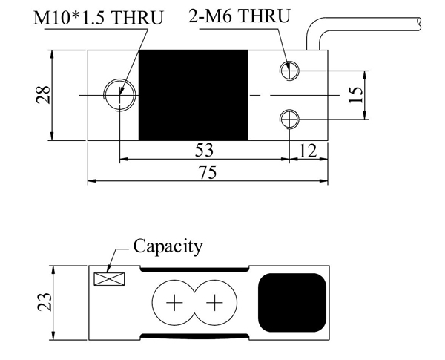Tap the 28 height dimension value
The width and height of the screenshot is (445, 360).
click(x=44, y=95)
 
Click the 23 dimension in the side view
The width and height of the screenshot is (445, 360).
click(x=44, y=301)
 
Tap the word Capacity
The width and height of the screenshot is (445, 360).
click(x=167, y=246)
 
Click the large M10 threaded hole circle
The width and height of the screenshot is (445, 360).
click(x=119, y=95)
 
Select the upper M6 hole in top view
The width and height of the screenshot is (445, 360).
click(x=289, y=71)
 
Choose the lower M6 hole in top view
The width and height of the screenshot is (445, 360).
click(x=289, y=119)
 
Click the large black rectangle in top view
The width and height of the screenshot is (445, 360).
click(x=193, y=95)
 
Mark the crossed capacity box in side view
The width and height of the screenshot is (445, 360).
click(x=109, y=280)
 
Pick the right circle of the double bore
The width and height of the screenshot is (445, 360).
click(x=214, y=303)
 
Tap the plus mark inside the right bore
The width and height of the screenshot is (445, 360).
click(x=214, y=303)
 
